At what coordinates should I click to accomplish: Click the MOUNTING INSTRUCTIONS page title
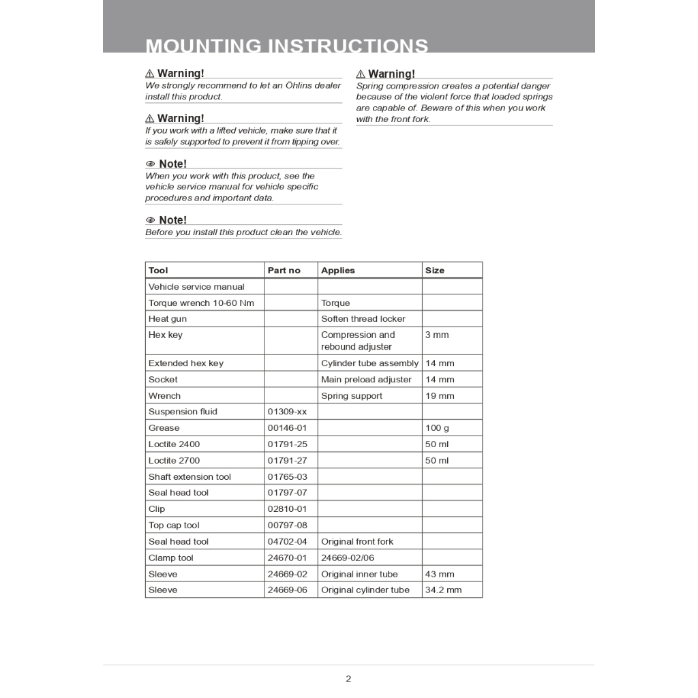(x=287, y=46)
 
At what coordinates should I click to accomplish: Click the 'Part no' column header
(x=284, y=271)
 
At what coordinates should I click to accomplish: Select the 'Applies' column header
(x=338, y=271)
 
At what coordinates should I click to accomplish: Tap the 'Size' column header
(x=435, y=271)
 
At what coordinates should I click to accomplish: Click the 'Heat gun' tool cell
(x=168, y=319)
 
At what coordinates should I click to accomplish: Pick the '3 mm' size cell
(x=437, y=335)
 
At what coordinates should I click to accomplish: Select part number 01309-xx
(x=287, y=412)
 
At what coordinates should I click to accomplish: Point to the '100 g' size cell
(x=437, y=428)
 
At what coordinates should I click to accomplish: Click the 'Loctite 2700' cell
(x=174, y=461)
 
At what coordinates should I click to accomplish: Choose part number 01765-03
(x=287, y=477)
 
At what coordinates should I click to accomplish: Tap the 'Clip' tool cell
(x=157, y=509)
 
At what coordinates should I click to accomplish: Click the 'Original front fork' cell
(x=357, y=542)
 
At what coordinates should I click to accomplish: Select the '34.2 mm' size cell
(x=443, y=590)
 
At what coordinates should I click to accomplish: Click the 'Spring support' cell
(x=352, y=396)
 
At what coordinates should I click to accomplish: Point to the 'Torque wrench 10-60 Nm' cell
(x=201, y=303)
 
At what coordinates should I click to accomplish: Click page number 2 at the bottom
(x=348, y=678)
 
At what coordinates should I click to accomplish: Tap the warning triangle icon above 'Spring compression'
(x=361, y=74)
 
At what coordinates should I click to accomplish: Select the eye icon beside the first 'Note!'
(x=151, y=164)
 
